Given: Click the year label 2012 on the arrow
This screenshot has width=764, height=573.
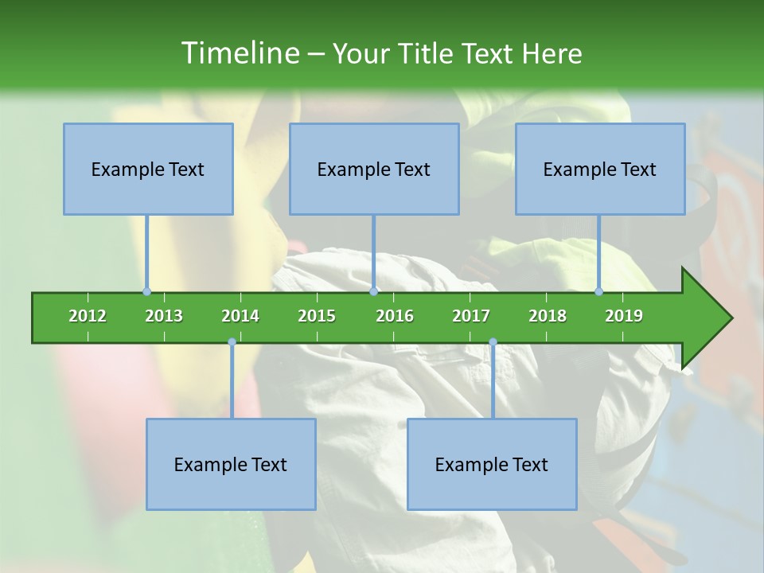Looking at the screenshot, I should [88, 316].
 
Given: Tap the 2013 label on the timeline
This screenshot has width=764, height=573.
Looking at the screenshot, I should [164, 316].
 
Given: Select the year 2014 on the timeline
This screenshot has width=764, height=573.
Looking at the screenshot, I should [240, 316].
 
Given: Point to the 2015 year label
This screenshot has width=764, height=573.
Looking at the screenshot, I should [317, 316].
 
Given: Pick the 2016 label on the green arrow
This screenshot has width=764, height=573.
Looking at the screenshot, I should [395, 316].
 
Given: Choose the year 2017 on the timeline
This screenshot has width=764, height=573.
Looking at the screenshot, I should [471, 316].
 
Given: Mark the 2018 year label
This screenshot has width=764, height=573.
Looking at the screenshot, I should [548, 316].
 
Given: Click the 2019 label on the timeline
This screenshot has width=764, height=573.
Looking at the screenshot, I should [624, 316].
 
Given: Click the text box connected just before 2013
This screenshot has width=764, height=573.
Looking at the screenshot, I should [148, 169].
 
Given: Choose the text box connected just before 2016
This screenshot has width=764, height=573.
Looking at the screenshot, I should [374, 169].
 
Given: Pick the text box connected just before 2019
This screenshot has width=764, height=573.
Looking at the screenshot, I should [600, 169].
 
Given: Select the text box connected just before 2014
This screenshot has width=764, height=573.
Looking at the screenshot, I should [231, 464].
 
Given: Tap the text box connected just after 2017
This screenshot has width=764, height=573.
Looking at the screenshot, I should [492, 464].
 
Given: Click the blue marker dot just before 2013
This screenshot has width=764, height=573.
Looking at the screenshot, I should [146, 291].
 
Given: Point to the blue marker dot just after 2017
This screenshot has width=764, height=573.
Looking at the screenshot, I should [493, 342].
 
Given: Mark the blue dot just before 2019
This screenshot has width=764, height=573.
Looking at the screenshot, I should [598, 291].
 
